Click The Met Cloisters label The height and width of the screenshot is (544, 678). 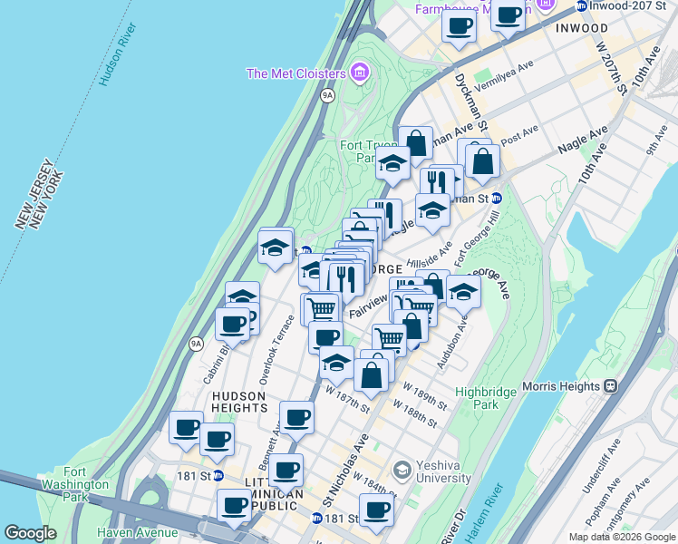tap(295, 73)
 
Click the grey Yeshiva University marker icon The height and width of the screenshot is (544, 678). tap(402, 469)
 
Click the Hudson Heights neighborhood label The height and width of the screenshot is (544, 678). tap(238, 403)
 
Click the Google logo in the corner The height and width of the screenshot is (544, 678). tap(30, 533)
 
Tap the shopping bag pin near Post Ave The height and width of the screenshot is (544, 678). tap(484, 161)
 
